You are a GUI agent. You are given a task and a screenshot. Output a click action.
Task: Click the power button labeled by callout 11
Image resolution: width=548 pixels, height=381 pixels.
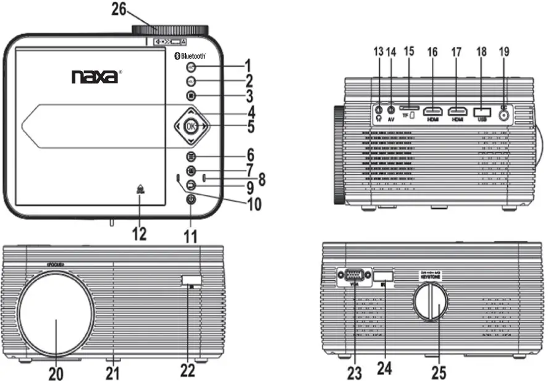coord(191,199)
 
